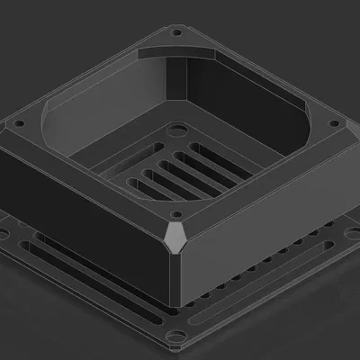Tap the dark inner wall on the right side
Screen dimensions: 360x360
[x=243, y=108]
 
